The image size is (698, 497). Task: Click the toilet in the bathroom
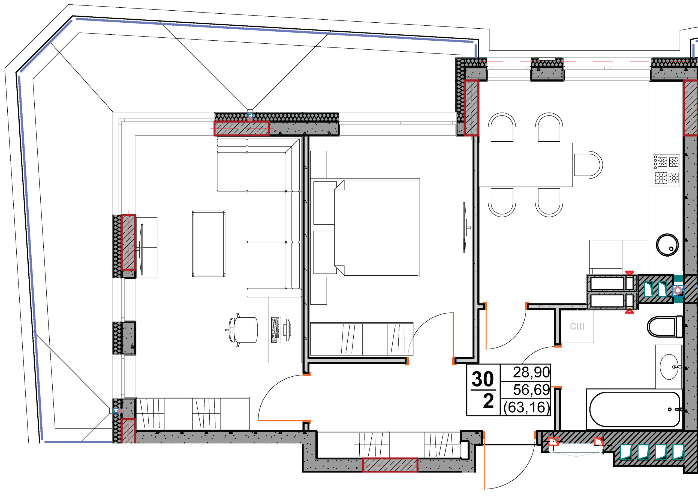pyautogui.click(x=665, y=327)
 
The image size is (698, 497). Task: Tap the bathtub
pyautogui.click(x=634, y=409)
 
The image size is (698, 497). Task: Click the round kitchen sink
pyautogui.click(x=667, y=245)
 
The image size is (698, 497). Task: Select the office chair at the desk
pyautogui.click(x=242, y=330)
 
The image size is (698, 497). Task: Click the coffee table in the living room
pyautogui.click(x=209, y=244)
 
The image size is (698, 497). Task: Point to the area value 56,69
pyautogui.click(x=531, y=389)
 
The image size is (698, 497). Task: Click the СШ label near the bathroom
pyautogui.click(x=577, y=326)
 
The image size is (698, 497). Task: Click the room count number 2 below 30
pyautogui.click(x=488, y=401)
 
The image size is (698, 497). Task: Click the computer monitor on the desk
pyautogui.click(x=288, y=330)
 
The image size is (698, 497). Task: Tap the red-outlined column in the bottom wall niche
pyautogui.click(x=390, y=465)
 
